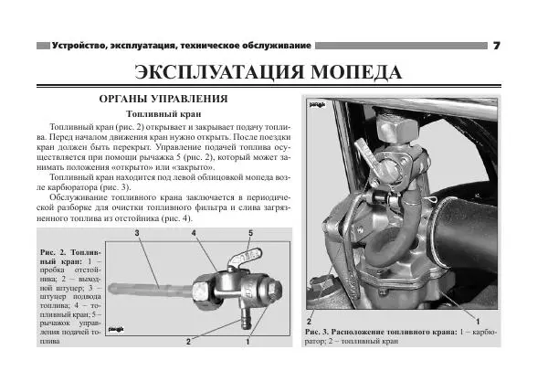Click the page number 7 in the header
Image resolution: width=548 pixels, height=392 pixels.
coord(496,45)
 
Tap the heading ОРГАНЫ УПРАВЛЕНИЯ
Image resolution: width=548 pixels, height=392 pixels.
coord(163,99)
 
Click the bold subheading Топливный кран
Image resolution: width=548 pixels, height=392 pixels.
coord(163,114)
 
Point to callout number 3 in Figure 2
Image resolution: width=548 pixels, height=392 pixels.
coord(136,235)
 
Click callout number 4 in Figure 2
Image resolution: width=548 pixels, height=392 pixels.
coord(195,235)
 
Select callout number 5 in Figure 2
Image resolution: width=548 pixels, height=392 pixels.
coord(249,235)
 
